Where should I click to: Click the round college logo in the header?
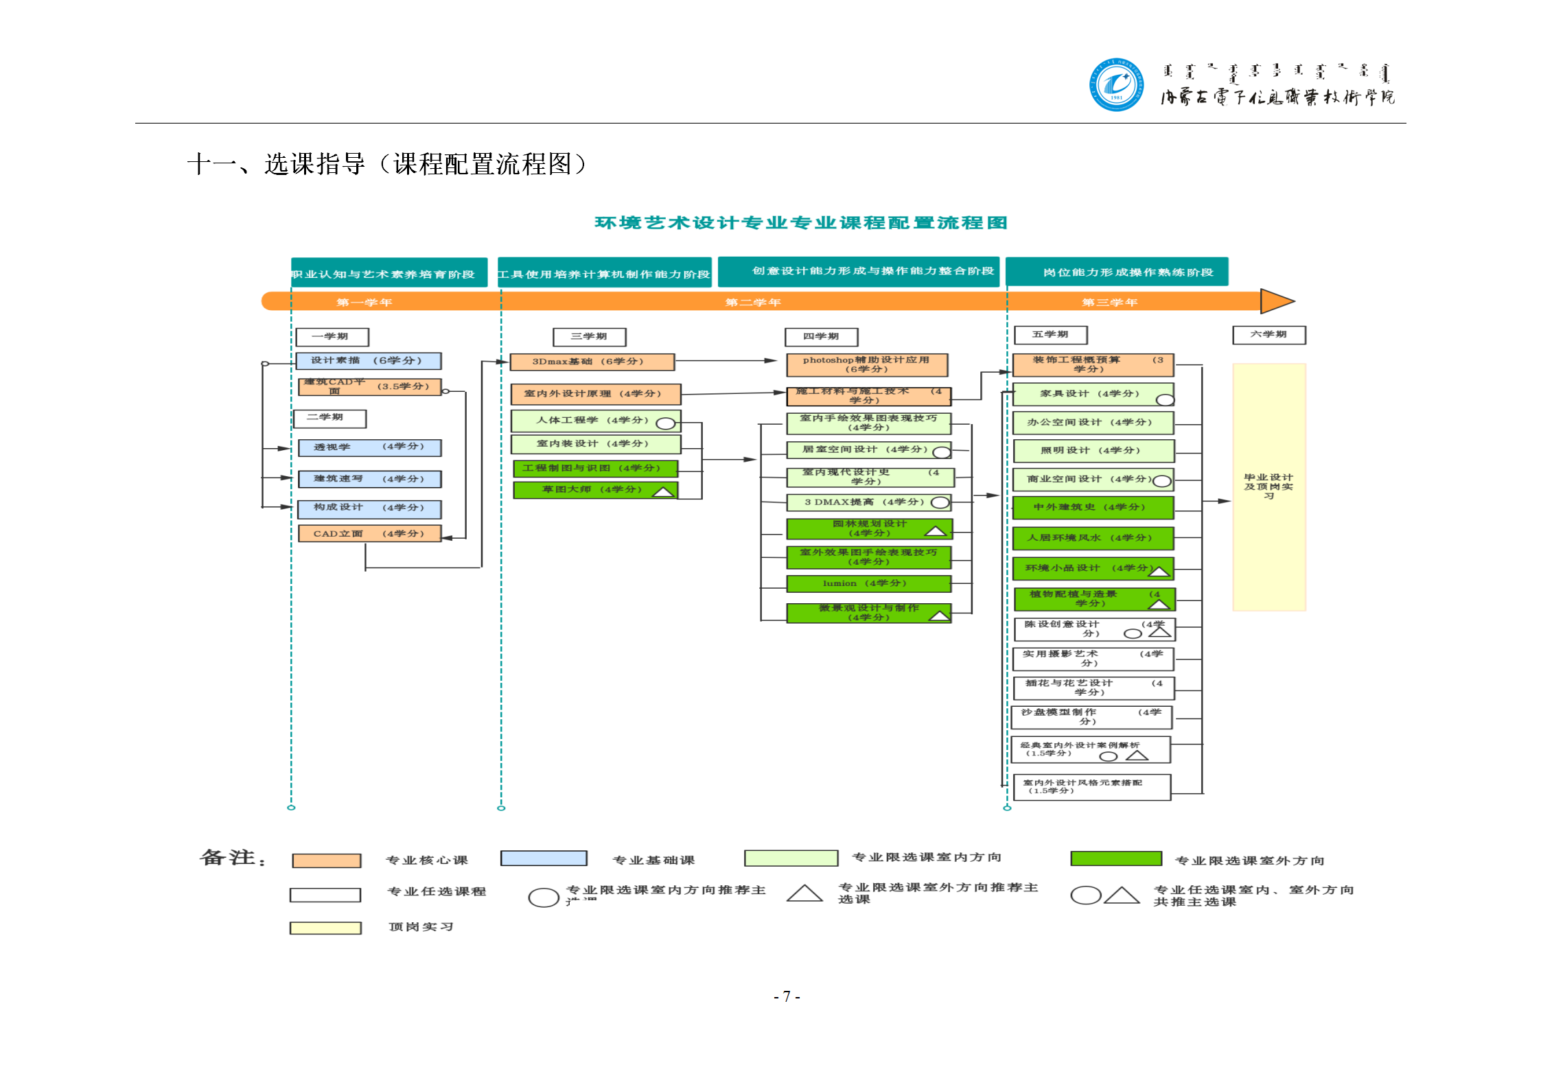pyautogui.click(x=1116, y=84)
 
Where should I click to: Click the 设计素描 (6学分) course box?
pyautogui.click(x=369, y=361)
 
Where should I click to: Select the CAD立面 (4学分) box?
pyautogui.click(x=369, y=534)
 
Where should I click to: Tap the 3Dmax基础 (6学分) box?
pyautogui.click(x=592, y=362)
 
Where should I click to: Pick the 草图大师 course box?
pyautogui.click(x=594, y=490)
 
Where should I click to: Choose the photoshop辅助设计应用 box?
pyautogui.click(x=866, y=364)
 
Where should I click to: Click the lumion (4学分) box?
pyautogui.click(x=868, y=584)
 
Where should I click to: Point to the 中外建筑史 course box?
pyautogui.click(x=1093, y=508)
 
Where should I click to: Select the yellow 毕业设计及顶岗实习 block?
pyautogui.click(x=1268, y=487)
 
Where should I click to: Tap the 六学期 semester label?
pyautogui.click(x=1268, y=335)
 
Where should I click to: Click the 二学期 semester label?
pyautogui.click(x=329, y=418)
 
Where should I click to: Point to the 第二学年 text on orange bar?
pyautogui.click(x=753, y=303)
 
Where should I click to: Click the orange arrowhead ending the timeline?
pyautogui.click(x=1276, y=301)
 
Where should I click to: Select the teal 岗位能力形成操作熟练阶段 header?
pyautogui.click(x=1116, y=272)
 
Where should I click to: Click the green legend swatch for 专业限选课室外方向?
pyautogui.click(x=1115, y=859)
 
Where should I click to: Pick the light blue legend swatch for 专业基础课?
pyautogui.click(x=543, y=858)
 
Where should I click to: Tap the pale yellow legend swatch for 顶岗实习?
pyautogui.click(x=325, y=928)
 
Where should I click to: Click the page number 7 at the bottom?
pyautogui.click(x=787, y=996)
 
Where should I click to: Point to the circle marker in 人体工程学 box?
pyautogui.click(x=665, y=423)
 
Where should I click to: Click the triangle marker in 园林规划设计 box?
pyautogui.click(x=935, y=532)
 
